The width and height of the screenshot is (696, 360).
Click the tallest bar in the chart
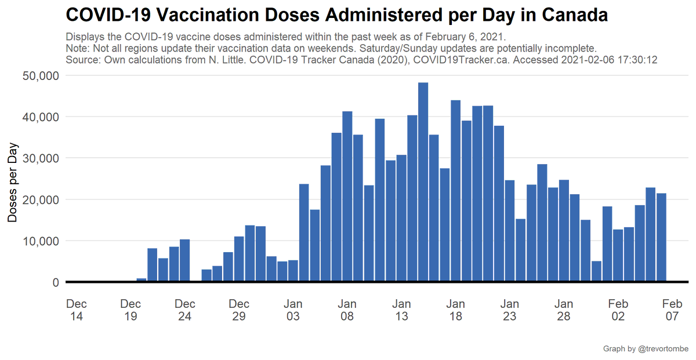click(x=423, y=183)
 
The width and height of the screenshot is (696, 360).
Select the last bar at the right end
click(x=661, y=238)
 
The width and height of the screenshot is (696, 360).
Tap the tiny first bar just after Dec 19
click(x=142, y=280)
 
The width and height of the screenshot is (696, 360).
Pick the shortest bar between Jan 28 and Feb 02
click(x=596, y=272)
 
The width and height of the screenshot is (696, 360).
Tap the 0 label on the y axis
click(x=56, y=282)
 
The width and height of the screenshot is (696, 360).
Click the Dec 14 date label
click(x=77, y=310)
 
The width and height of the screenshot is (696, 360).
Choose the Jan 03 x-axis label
click(x=293, y=310)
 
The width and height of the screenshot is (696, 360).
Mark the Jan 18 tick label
click(x=456, y=310)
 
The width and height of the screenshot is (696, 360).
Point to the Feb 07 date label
click(x=672, y=310)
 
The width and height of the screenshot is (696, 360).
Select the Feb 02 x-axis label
click(x=618, y=310)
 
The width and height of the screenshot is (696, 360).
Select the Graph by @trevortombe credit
click(x=646, y=348)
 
